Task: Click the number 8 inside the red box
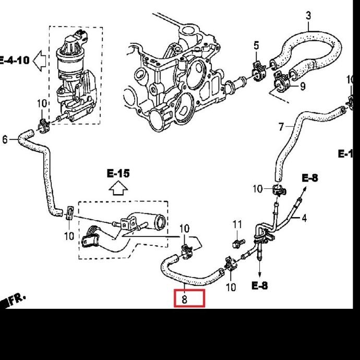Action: point(185,299)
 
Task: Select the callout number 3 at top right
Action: point(308,15)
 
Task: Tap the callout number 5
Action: point(256,46)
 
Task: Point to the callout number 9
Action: point(303,86)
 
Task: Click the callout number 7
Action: point(281,127)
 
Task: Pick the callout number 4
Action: point(304,218)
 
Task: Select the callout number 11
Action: point(237,224)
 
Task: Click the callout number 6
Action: point(5,139)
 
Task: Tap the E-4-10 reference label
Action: point(15,60)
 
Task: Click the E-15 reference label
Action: point(118,173)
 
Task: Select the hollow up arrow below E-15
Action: point(118,188)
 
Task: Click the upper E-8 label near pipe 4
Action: point(309,178)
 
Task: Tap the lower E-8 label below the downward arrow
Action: point(259,285)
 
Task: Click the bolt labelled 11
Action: point(237,243)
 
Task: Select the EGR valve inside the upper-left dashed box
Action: point(73,68)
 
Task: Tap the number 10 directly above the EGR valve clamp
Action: point(42,104)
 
